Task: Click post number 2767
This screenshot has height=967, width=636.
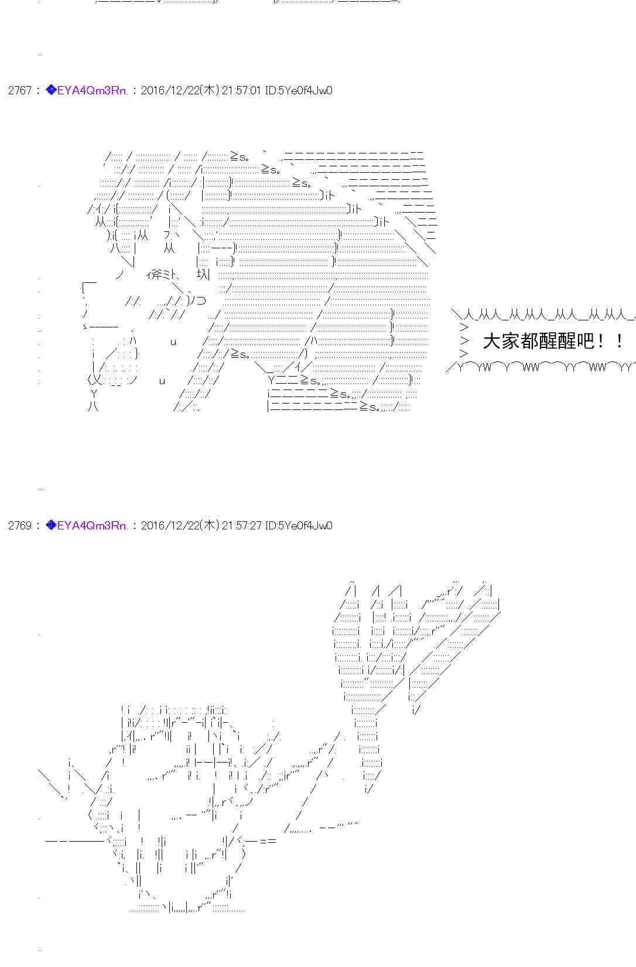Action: (x=20, y=90)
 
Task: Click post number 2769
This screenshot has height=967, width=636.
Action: (x=20, y=525)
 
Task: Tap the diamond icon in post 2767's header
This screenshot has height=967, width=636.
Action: (x=51, y=90)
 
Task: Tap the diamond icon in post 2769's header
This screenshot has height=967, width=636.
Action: (x=51, y=525)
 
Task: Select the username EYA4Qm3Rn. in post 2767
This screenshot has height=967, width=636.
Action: (x=93, y=90)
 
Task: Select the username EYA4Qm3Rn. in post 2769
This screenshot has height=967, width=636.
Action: (x=93, y=525)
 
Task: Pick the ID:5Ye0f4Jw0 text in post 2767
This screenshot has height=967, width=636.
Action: (x=298, y=90)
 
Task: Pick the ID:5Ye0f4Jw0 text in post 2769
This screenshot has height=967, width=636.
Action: (x=298, y=525)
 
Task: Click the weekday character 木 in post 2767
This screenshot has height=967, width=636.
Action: (x=210, y=90)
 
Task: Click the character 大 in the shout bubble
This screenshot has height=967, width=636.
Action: (x=491, y=341)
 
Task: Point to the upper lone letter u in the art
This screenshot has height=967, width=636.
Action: (x=173, y=342)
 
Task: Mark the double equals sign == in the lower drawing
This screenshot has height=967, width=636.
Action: (x=268, y=841)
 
